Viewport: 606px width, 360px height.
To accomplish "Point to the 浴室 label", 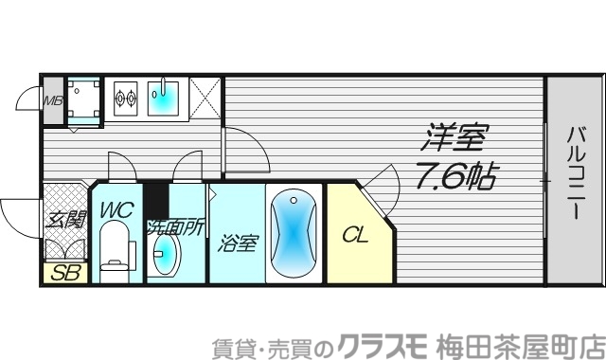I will (237, 243).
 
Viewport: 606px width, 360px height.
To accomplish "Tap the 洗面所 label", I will (174, 228).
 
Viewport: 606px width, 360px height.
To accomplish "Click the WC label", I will (117, 209).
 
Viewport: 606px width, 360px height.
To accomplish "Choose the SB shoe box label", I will (64, 275).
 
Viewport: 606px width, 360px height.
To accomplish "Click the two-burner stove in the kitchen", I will (125, 95).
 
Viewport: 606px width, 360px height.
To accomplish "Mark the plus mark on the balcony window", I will (545, 180).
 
